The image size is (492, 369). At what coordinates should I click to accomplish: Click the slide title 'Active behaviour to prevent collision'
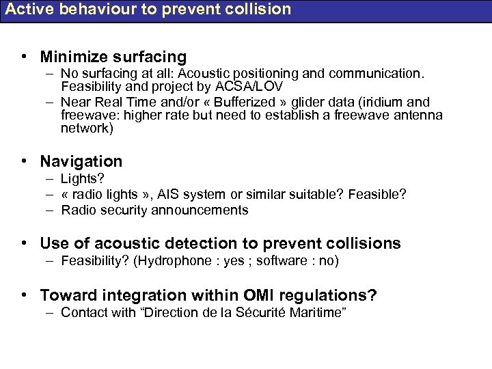pyautogui.click(x=148, y=10)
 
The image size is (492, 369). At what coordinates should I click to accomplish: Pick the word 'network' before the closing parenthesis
pyautogui.click(x=84, y=128)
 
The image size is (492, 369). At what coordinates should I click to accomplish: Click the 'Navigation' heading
pyautogui.click(x=81, y=161)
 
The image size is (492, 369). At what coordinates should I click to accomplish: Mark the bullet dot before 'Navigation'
pyautogui.click(x=25, y=161)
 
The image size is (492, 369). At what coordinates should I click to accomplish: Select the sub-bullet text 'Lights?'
pyautogui.click(x=82, y=179)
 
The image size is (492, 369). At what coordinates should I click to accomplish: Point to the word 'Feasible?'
pyautogui.click(x=377, y=195)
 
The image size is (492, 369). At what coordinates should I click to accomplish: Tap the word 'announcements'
pyautogui.click(x=204, y=210)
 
